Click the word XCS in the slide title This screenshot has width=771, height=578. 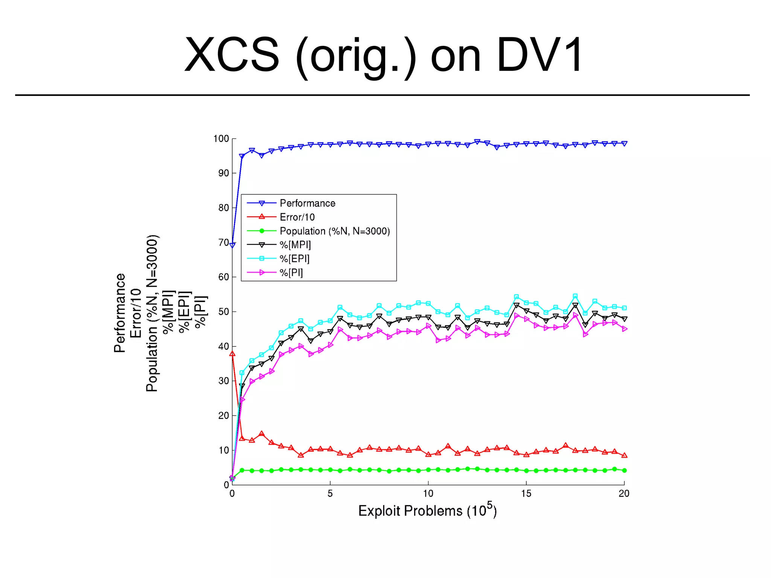pos(232,55)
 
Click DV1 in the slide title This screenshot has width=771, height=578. pos(540,55)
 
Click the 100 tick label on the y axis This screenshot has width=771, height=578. pos(221,139)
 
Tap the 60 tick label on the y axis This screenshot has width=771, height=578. pos(224,277)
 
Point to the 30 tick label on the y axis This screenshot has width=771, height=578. pos(224,381)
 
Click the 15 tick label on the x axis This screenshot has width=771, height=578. pos(526,494)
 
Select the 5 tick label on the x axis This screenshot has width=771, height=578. pos(330,494)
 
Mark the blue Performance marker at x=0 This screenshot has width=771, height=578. pos(232,245)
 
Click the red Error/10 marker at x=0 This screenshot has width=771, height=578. pos(232,354)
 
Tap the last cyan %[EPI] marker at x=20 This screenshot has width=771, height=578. pos(624,308)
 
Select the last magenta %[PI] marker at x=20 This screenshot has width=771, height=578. pos(625,329)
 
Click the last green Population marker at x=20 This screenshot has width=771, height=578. pos(624,470)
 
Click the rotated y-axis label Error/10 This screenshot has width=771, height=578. pos(136,313)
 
